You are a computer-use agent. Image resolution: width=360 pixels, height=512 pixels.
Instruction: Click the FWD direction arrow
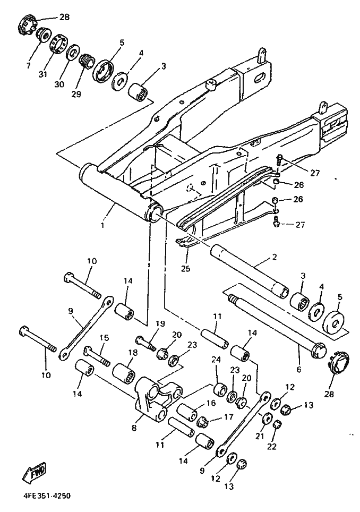(35, 472)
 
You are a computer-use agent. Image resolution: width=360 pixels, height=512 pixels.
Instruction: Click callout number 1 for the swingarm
(102, 225)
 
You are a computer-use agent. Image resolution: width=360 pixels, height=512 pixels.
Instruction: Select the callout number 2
(274, 257)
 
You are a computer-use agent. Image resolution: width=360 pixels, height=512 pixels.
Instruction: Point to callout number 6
(298, 369)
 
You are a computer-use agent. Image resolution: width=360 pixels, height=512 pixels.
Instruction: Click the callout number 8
(134, 428)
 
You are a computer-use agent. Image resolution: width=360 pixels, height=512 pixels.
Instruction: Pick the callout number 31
(43, 74)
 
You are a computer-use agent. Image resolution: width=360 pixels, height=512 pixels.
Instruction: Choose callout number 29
(76, 94)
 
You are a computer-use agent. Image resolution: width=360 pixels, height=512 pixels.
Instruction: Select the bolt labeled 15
(97, 357)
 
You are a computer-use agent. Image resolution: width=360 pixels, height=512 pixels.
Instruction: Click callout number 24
(217, 360)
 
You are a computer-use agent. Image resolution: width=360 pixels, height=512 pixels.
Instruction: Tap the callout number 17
(229, 416)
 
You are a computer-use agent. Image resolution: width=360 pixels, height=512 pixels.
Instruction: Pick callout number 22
(271, 446)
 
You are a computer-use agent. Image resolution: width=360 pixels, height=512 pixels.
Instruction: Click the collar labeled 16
(187, 412)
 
